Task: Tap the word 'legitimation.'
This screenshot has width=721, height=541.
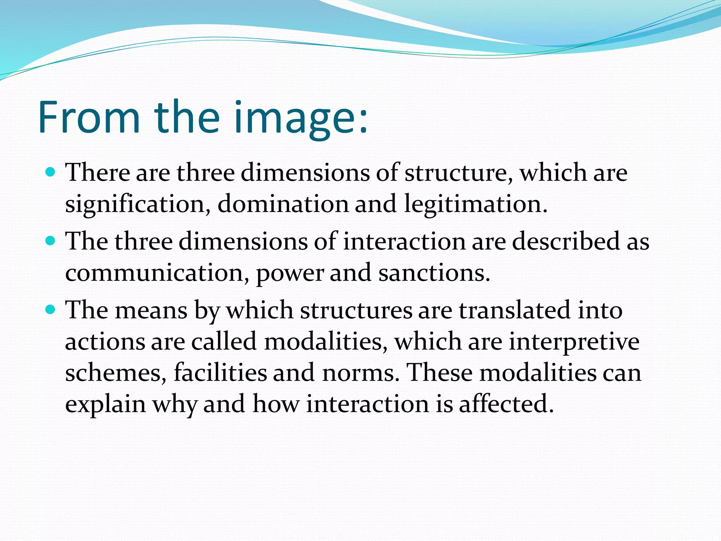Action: point(476,204)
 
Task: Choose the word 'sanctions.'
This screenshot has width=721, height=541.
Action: point(434,273)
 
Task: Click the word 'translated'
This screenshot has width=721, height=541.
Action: point(514,310)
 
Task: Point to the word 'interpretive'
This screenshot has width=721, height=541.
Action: point(574,342)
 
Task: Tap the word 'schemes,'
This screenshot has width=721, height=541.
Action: point(116,373)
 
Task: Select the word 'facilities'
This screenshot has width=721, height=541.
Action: point(220,373)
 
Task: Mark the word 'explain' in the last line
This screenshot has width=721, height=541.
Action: point(105,404)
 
